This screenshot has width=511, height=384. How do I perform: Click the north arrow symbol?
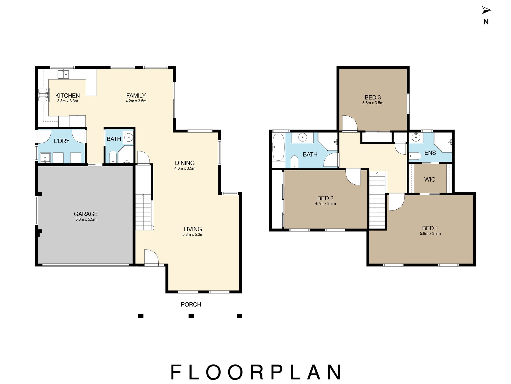tap(486, 11)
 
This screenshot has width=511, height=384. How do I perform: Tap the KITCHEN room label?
tap(68, 96)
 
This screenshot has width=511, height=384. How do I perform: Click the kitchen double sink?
tap(63, 74)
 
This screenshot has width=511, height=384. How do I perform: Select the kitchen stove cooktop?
tap(44, 95)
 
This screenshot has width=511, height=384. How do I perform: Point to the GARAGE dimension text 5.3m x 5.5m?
tap(86, 220)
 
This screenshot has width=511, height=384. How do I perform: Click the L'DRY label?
tap(62, 141)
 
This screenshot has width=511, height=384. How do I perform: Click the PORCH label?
tap(191, 305)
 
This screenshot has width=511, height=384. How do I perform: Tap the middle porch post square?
tap(191, 316)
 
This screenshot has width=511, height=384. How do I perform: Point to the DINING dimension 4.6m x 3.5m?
tap(185, 169)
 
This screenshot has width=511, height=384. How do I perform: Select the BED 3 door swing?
tap(349, 123)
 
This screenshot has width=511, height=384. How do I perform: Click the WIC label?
tap(430, 179)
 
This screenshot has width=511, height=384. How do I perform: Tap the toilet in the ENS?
tap(415, 156)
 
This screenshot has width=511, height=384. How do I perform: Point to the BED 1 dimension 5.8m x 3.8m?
tap(430, 234)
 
